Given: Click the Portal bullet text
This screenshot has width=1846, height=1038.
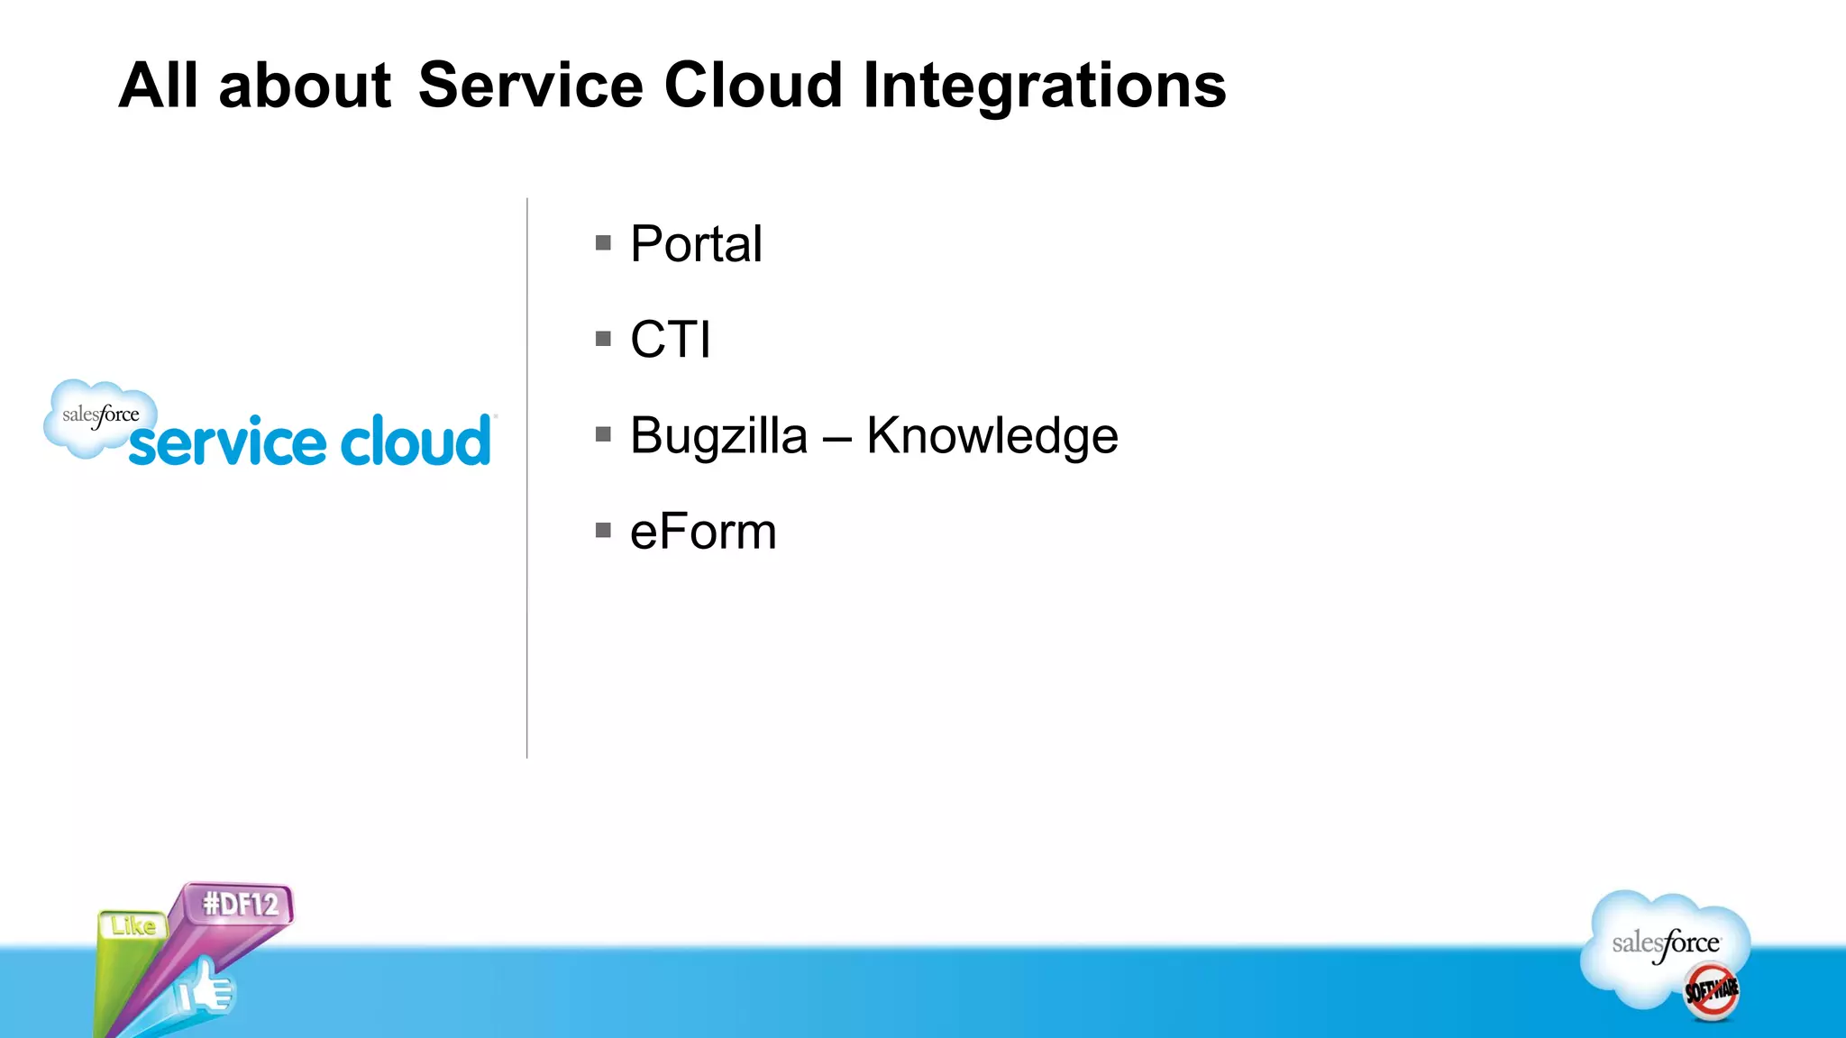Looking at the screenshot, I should pos(696,244).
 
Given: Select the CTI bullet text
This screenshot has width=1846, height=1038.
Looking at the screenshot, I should pos(671,340).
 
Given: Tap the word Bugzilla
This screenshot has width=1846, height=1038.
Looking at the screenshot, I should pos(718,437).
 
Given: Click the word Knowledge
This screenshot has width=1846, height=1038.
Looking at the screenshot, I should pos(992,436).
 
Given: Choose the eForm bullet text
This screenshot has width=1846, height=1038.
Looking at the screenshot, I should pos(703,532).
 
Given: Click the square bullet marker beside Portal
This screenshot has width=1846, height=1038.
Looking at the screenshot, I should pos(603,243).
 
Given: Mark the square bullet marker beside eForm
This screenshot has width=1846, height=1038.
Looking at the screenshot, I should pos(603,531).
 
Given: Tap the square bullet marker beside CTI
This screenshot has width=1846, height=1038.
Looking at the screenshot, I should pos(603,340).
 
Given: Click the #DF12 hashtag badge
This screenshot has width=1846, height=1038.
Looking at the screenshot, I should pos(240,904).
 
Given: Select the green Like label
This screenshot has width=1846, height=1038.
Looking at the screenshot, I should pos(133,925).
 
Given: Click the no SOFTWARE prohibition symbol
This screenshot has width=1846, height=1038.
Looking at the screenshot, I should pos(1711,991).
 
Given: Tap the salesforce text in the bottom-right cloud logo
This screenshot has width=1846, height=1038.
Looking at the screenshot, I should pos(1665,943).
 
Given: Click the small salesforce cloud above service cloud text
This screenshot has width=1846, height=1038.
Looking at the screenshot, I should pos(99,416).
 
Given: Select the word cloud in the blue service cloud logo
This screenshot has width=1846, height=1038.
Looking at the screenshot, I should pos(416,442).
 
